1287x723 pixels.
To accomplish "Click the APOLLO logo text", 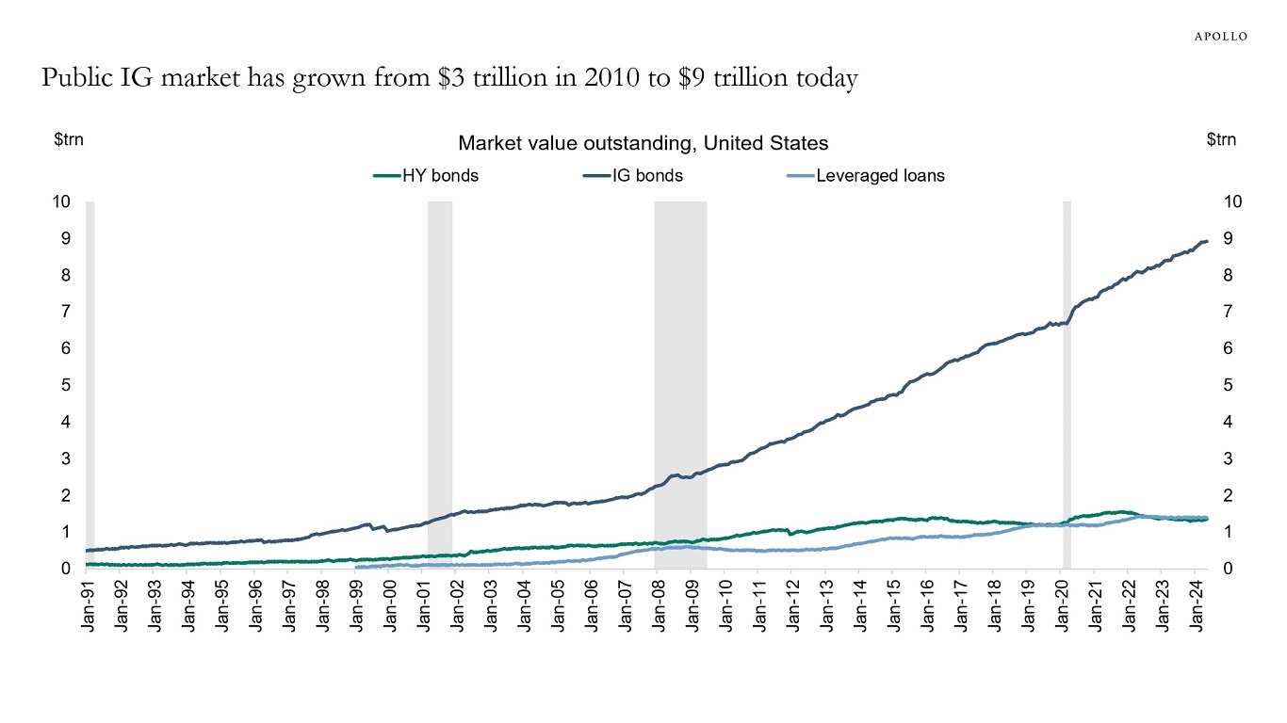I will click(1221, 36).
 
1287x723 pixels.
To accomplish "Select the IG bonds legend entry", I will click(647, 175).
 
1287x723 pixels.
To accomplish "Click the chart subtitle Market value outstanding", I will click(643, 143).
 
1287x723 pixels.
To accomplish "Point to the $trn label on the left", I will click(69, 139).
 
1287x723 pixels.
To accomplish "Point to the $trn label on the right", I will click(1221, 139).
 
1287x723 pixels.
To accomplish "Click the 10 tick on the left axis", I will click(61, 201).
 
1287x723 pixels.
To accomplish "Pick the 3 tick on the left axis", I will click(66, 458).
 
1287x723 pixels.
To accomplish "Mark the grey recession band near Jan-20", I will click(1067, 377).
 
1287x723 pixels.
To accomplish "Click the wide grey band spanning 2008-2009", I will click(680, 377).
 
